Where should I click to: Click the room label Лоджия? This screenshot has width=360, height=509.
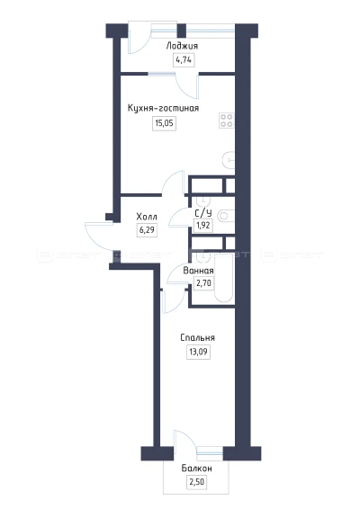coord(182,46)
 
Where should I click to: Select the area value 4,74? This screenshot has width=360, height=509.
coord(184,60)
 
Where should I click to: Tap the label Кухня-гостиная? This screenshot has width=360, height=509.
coord(163,108)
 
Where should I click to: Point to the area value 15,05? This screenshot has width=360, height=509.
coord(164,123)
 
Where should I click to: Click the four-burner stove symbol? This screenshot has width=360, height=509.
coord(226,121)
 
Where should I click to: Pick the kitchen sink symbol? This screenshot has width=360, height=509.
coord(229,160)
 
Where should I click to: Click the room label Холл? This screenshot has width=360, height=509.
coord(147,216)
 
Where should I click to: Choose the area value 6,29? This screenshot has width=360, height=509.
coord(148,230)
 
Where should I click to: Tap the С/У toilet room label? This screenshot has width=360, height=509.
coord(203,213)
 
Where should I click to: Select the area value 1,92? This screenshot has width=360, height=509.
coord(203,225)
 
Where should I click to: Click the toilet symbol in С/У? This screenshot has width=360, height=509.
coord(226,216)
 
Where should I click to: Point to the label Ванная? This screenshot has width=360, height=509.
coord(198,271)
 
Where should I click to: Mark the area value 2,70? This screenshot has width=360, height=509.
coord(203,283)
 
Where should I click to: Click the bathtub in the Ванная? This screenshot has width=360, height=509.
coord(223,277)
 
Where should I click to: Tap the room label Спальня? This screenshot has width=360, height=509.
coord(197,337)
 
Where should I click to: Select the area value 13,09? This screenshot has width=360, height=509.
coord(198,352)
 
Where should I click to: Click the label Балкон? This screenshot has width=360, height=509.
coord(196,469)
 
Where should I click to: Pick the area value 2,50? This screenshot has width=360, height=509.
coord(197,482)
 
